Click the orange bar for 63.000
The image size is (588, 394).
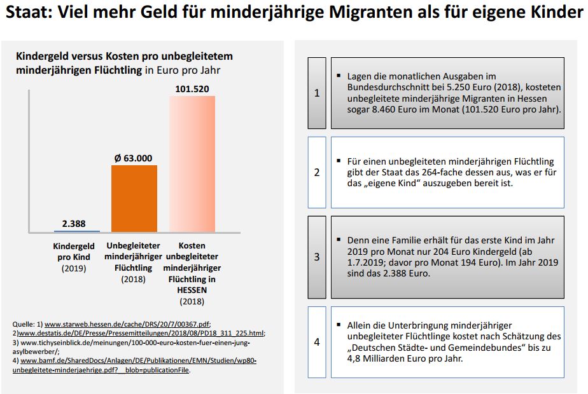click(134, 198)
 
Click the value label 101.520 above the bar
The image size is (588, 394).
click(192, 88)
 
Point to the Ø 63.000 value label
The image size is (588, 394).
click(133, 158)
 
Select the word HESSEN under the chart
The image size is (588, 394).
click(192, 290)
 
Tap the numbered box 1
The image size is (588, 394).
click(317, 93)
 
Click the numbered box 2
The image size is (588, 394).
click(317, 172)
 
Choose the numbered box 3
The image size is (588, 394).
click(317, 257)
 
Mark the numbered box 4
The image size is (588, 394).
click(317, 342)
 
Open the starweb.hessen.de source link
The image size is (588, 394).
click(127, 323)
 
